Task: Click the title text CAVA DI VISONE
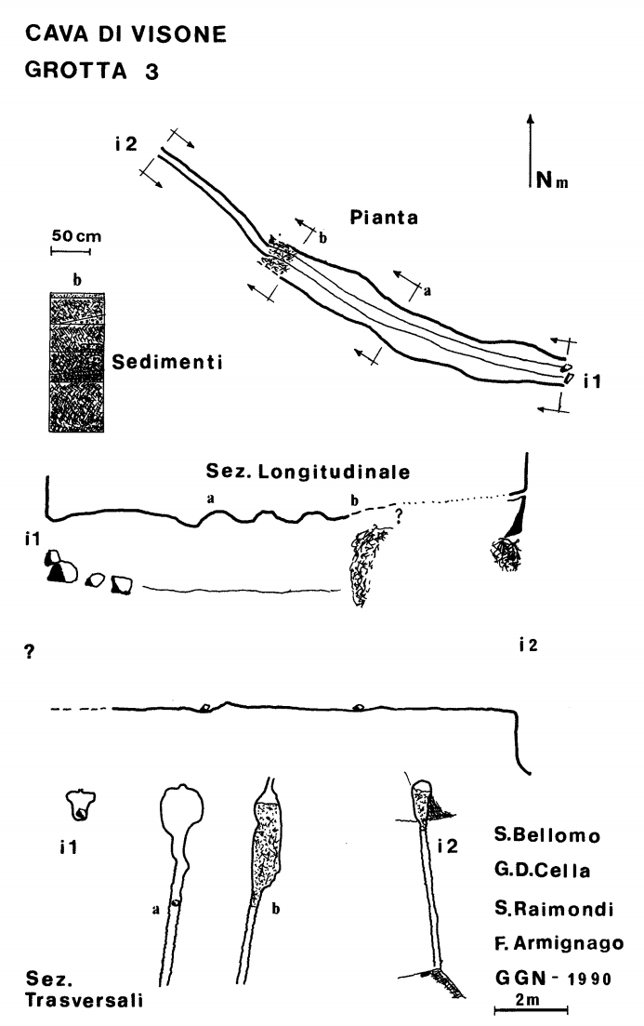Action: click(125, 34)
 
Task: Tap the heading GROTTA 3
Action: click(91, 70)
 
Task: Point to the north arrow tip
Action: click(531, 116)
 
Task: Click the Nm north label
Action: click(552, 180)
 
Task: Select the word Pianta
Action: click(384, 218)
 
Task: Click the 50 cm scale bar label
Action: click(76, 236)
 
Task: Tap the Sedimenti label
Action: click(167, 362)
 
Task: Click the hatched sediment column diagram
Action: click(77, 362)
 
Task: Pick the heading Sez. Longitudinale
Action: click(308, 471)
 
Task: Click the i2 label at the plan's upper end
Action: click(126, 143)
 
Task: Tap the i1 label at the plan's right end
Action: click(592, 380)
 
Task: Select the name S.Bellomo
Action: click(547, 835)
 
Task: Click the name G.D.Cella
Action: click(543, 871)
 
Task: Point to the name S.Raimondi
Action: click(555, 908)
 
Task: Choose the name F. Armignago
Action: click(559, 943)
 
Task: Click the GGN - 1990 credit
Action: click(553, 979)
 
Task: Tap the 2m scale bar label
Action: click(528, 999)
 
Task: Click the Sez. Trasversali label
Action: click(84, 990)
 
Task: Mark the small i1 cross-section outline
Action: click(81, 805)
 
